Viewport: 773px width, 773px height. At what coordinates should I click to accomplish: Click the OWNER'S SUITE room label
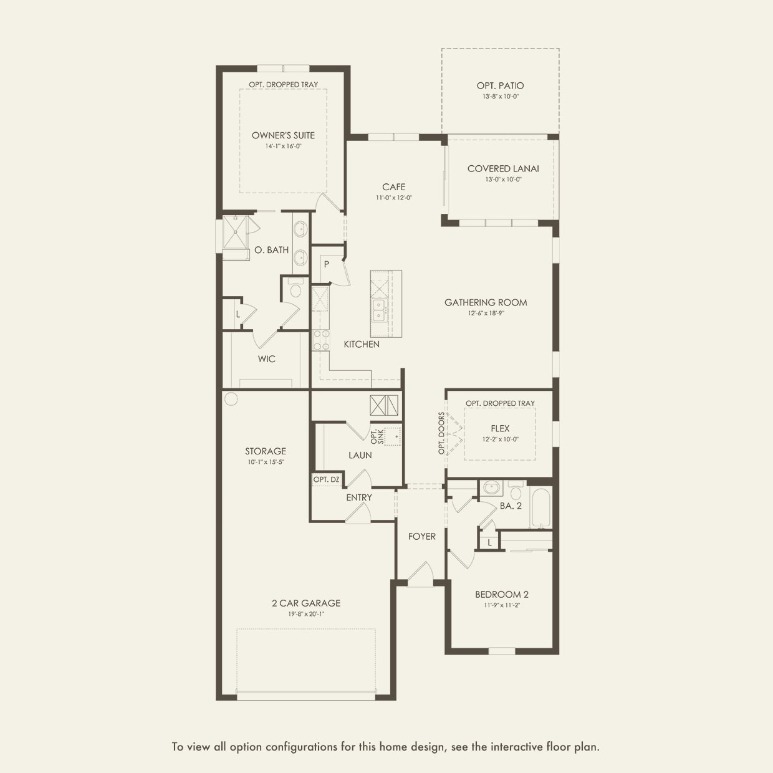pos(283,135)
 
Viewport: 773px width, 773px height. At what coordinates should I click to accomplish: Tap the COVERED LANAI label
pos(503,169)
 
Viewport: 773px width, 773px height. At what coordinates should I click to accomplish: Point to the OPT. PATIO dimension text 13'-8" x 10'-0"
pos(500,97)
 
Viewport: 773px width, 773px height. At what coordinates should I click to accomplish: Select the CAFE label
pos(393,187)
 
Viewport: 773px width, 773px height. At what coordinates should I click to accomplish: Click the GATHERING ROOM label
pos(486,303)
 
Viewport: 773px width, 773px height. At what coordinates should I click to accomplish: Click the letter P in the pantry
pos(327,264)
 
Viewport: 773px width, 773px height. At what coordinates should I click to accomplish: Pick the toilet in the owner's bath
pos(295,288)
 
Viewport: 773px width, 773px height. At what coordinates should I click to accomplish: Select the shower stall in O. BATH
pos(236,233)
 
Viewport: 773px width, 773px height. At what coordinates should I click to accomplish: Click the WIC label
pos(267,359)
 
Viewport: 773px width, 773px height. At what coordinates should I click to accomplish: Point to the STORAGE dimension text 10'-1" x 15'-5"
pos(266,462)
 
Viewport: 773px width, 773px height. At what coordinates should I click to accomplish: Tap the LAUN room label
pos(360,455)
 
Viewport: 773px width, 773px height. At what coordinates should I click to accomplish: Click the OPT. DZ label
pos(326,480)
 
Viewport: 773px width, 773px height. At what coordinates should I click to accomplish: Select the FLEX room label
pos(500,429)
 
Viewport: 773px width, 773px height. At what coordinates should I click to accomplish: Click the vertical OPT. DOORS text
pos(441,433)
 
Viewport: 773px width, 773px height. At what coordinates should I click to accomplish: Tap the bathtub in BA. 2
pos(540,507)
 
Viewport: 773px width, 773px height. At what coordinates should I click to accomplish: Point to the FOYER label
pos(421,537)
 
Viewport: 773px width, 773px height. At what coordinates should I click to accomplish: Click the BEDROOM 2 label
pos(502,595)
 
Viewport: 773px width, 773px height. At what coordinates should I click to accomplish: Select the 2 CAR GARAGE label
pos(306,603)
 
